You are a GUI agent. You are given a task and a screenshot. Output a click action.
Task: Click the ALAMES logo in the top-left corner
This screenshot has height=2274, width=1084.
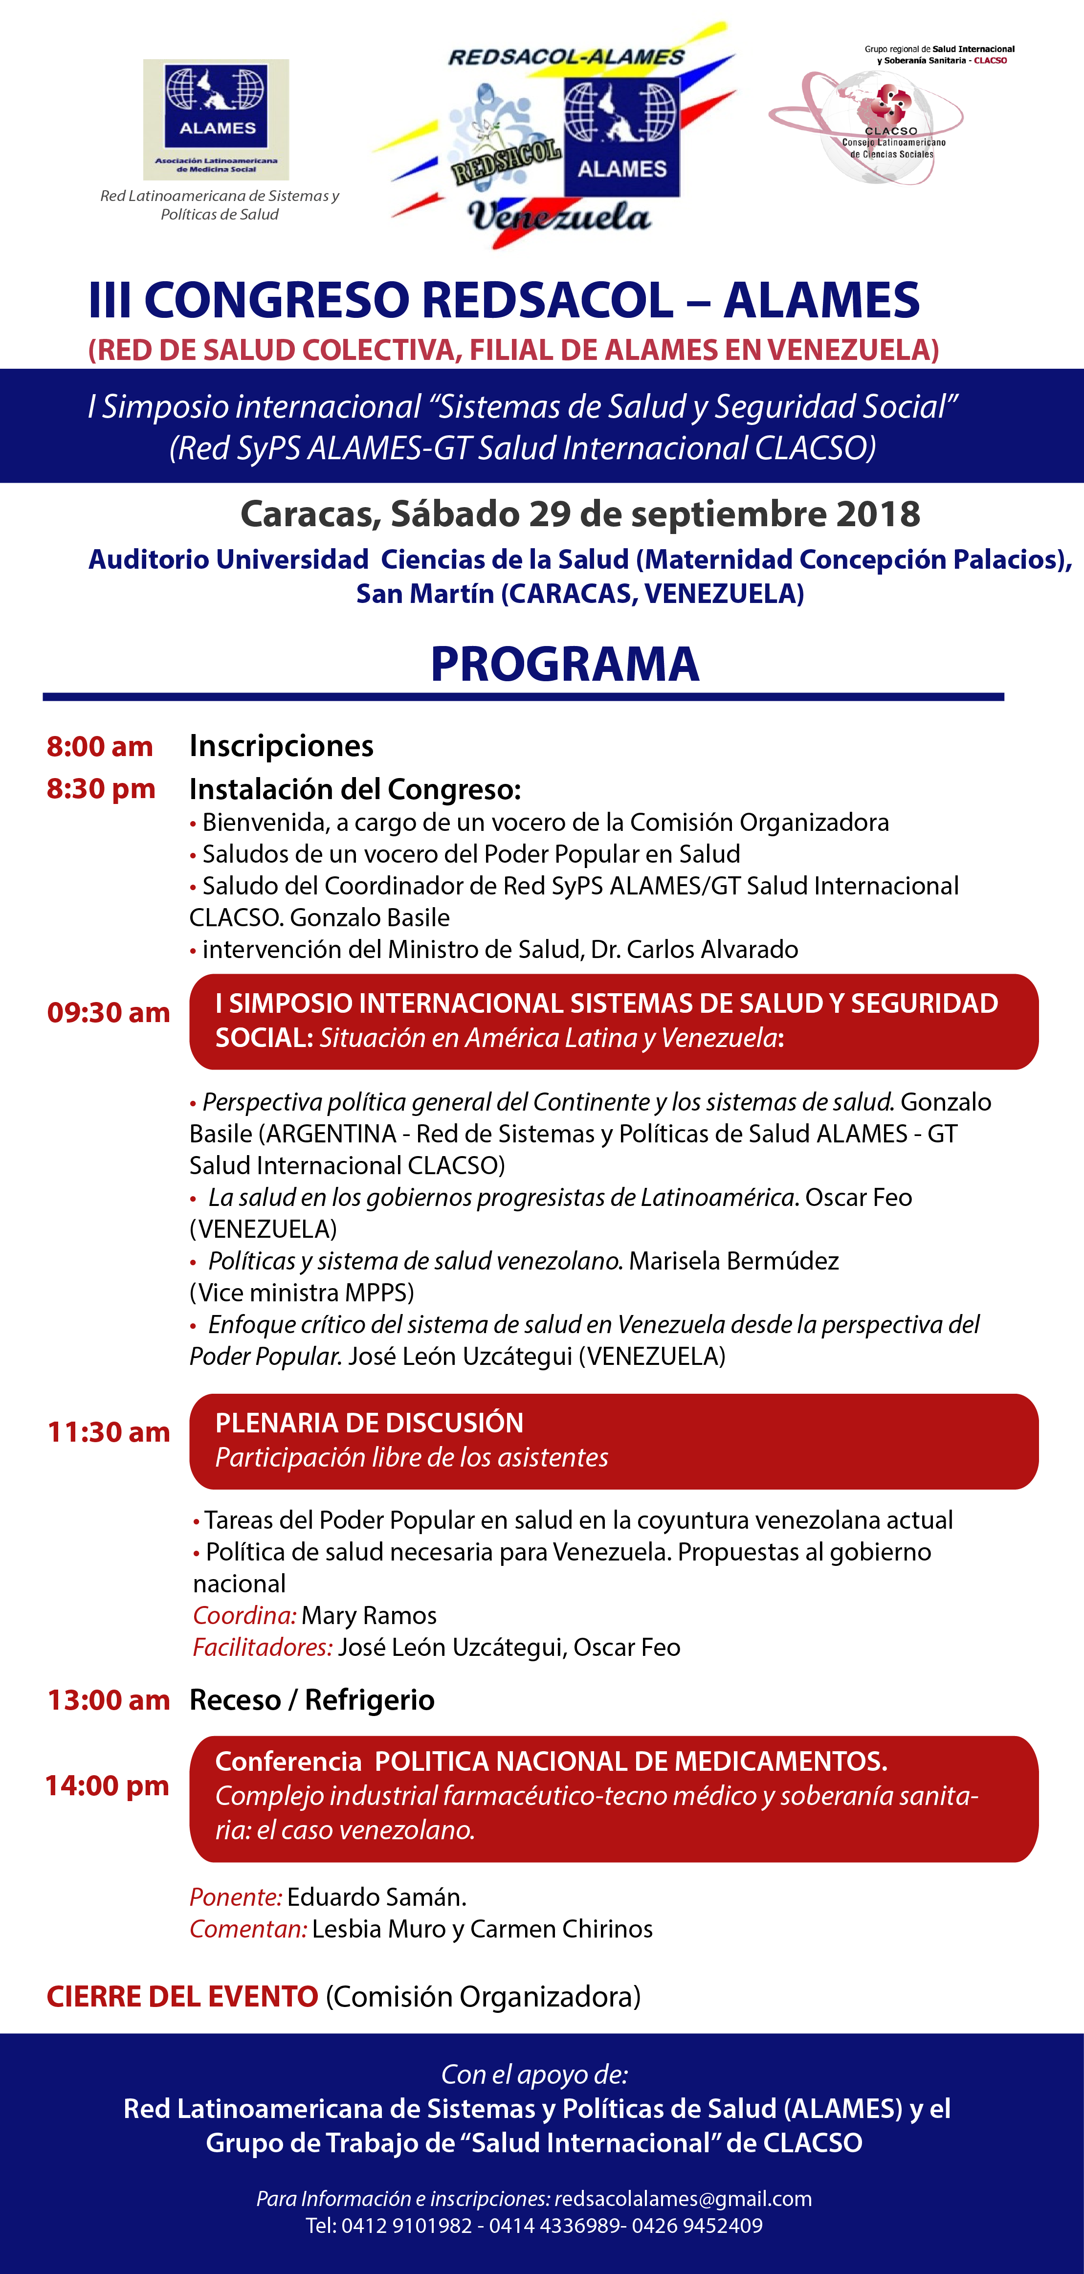pyautogui.click(x=216, y=119)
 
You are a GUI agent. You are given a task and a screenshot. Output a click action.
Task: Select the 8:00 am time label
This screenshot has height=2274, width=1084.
pyautogui.click(x=100, y=747)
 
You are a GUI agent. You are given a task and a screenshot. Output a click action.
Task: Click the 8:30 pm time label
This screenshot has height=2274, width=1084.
pyautogui.click(x=101, y=788)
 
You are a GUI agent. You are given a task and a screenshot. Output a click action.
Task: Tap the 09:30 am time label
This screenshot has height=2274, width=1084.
pyautogui.click(x=109, y=1012)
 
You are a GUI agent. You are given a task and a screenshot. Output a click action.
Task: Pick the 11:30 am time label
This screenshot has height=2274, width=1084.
pyautogui.click(x=109, y=1432)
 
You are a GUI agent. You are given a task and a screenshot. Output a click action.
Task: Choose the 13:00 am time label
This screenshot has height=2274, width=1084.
pyautogui.click(x=109, y=1700)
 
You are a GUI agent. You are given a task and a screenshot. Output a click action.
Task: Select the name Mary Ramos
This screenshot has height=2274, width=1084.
pyautogui.click(x=369, y=1615)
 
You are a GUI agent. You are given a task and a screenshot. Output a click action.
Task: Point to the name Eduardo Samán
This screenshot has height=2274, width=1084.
pyautogui.click(x=376, y=1897)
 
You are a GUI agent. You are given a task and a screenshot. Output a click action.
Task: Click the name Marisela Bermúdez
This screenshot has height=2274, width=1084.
pyautogui.click(x=733, y=1261)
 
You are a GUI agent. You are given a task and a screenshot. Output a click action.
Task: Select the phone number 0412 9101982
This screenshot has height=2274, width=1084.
pyautogui.click(x=407, y=2226)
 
